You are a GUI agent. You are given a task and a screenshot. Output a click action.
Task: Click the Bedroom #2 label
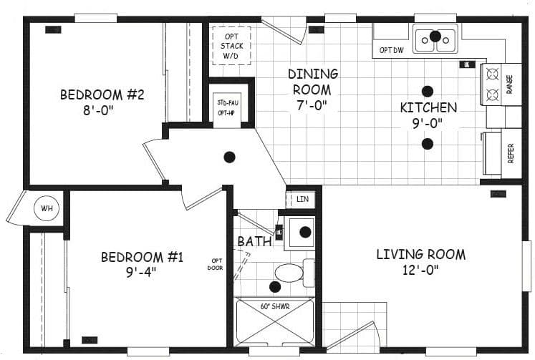pos(102,95)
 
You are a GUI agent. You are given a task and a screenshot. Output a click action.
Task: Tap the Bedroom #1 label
pos(142,257)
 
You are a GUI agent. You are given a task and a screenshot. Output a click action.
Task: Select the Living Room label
pos(420,254)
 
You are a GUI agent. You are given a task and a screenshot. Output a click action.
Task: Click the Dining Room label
pos(312,74)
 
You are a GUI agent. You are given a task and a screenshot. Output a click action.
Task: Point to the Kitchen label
pos(428,108)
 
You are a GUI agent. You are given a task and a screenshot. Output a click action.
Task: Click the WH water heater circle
pos(47,209)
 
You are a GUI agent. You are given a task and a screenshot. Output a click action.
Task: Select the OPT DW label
pos(392,50)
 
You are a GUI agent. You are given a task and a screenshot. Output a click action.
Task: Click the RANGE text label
pos(510,84)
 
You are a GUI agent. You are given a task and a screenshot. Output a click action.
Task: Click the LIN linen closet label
pos(302,199)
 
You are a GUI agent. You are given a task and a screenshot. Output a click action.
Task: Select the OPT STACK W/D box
pos(231,46)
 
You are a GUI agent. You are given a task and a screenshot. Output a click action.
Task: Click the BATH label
pos(254,242)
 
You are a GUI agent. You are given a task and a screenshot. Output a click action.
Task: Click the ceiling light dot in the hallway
pos(229,157)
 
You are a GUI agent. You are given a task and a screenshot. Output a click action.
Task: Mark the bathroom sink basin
pos(304,232)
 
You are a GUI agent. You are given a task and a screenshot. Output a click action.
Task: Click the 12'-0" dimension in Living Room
pos(420,270)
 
